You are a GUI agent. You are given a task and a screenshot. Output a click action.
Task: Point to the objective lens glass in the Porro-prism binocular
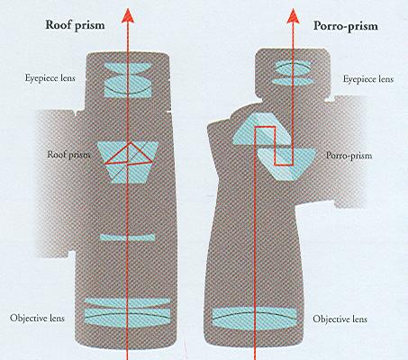click(x=257, y=318)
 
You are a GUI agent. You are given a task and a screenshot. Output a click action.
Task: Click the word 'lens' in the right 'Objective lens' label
click(x=358, y=319)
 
